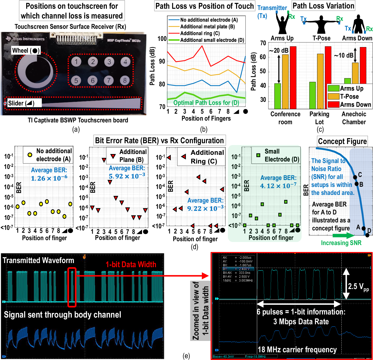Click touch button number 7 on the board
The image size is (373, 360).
(x=109, y=80)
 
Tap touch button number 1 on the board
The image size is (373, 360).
(x=76, y=62)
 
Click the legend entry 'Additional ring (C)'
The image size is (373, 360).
(x=200, y=33)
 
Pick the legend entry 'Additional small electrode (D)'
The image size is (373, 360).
(x=212, y=40)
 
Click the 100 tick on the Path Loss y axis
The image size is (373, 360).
(x=162, y=39)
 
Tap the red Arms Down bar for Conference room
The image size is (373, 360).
(x=293, y=77)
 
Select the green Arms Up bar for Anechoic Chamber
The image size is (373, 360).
(x=347, y=81)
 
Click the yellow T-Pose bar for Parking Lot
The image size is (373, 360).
(x=320, y=81)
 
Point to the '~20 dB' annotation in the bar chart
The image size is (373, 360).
(x=279, y=50)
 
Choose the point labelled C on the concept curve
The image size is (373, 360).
(x=355, y=177)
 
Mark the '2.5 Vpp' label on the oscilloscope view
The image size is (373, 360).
(x=358, y=286)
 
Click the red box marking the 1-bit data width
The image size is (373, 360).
(x=72, y=287)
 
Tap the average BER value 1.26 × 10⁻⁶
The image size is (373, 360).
(x=49, y=178)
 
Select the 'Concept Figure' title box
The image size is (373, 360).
(x=342, y=141)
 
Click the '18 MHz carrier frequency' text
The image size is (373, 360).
(x=297, y=350)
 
